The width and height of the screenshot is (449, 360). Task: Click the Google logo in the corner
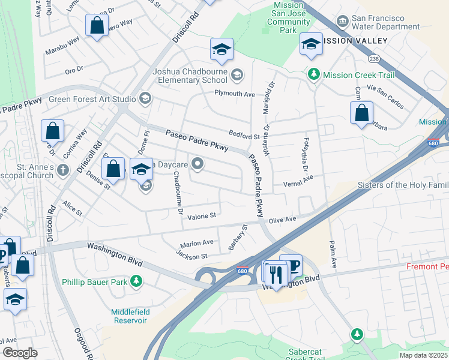click(19, 353)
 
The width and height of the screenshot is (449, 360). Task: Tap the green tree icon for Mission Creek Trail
click(313, 74)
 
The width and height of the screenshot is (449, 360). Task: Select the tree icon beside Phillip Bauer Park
click(137, 281)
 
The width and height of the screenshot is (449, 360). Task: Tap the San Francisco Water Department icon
click(342, 22)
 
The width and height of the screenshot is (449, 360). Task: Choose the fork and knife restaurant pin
click(276, 274)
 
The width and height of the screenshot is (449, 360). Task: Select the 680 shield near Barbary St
click(243, 271)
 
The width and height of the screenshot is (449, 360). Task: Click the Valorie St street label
click(201, 215)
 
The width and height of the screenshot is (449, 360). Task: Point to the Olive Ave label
click(282, 220)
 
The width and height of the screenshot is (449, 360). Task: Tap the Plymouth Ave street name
click(235, 94)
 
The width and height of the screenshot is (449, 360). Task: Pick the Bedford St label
click(244, 136)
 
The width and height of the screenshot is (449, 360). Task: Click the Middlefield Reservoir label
click(129, 316)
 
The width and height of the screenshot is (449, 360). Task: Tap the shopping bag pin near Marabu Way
click(97, 26)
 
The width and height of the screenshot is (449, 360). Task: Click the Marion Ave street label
click(197, 243)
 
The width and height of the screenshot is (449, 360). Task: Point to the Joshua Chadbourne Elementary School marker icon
click(237, 75)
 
